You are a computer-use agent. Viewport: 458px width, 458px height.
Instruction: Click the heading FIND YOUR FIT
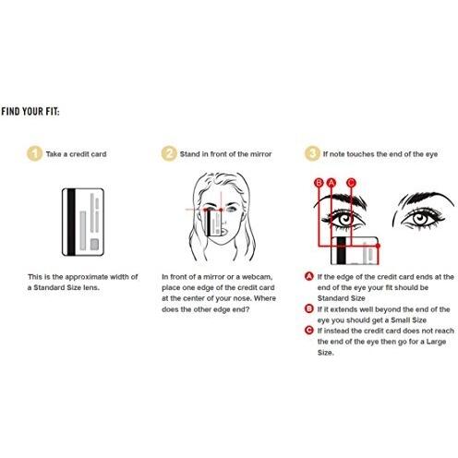pos(30,111)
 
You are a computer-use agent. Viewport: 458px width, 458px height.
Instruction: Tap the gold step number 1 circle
pos(34,153)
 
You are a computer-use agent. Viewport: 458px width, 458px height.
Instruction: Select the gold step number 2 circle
pos(169,153)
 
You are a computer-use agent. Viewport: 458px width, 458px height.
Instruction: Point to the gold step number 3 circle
pos(312,153)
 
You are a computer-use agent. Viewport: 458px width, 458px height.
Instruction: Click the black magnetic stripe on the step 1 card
pos(71,222)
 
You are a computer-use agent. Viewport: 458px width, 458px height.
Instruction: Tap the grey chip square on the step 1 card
pos(94,245)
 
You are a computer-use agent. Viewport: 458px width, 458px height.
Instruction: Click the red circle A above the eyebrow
pos(331,183)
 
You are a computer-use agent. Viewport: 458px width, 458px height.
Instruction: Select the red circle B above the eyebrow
pos(319,183)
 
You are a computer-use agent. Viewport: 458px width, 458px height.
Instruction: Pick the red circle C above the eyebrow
pos(351,183)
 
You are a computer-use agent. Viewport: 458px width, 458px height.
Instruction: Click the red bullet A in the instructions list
pos(308,276)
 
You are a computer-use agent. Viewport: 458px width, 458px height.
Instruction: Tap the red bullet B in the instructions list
pos(308,308)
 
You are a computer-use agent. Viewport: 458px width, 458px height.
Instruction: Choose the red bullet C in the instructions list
pos(308,331)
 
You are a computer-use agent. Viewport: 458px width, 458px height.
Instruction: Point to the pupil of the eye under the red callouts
pos(344,220)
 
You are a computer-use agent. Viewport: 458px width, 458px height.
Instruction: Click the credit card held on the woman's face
pos(213,223)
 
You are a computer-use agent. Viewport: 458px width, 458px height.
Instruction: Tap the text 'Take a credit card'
pos(76,154)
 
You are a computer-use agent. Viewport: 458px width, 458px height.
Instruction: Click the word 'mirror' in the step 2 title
pos(261,154)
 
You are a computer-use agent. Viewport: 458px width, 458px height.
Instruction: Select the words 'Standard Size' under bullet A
pos(341,298)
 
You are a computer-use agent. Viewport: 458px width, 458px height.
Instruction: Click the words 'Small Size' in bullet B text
pos(408,320)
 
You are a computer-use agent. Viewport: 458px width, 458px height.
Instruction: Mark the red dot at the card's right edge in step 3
pos(378,246)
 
